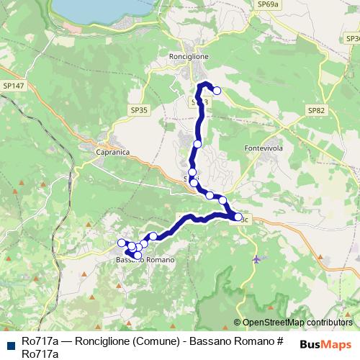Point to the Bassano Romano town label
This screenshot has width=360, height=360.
click(x=144, y=259)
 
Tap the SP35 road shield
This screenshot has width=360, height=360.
click(x=139, y=110)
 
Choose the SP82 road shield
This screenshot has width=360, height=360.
click(x=316, y=110)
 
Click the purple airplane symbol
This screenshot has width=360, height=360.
click(x=256, y=258)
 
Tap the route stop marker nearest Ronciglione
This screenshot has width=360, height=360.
click(x=216, y=91)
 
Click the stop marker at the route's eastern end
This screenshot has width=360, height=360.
click(x=238, y=216)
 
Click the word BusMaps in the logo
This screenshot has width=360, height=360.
click(x=326, y=344)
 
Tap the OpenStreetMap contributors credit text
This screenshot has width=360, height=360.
click(x=297, y=323)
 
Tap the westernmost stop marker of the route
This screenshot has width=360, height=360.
click(x=122, y=243)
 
